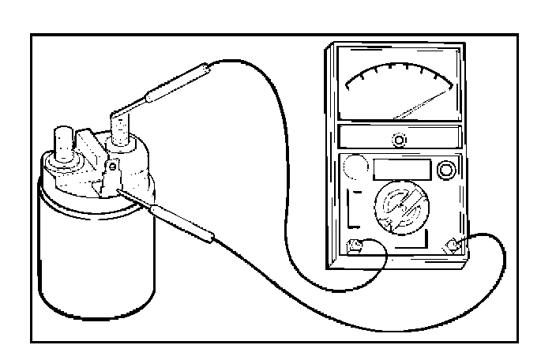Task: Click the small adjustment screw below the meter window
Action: (400, 141)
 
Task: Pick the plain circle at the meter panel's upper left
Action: (354, 168)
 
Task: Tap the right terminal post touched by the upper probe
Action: (121, 130)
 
